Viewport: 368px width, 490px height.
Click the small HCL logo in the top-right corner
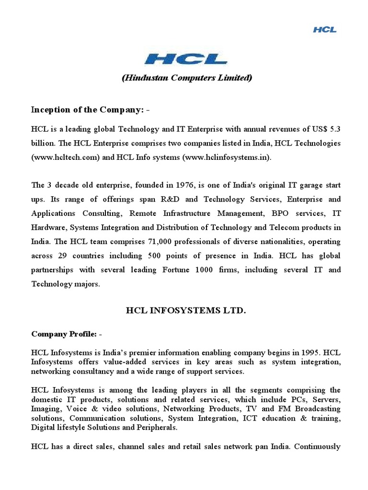[325, 30]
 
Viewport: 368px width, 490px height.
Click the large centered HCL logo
[186, 59]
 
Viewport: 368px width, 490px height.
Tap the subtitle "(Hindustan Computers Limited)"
[186, 78]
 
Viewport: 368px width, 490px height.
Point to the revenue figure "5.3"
[335, 129]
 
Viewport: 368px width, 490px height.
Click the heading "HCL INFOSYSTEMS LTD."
[186, 311]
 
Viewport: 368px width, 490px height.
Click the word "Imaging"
[46, 409]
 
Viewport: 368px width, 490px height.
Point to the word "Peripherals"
[157, 427]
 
